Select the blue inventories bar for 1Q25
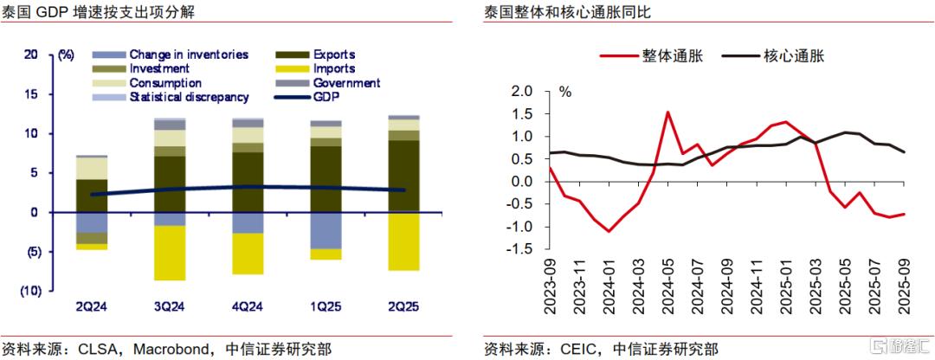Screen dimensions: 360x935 point(325,230)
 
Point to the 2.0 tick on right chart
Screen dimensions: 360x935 point(522,92)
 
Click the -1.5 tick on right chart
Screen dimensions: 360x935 point(519,249)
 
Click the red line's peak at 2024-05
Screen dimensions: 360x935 point(667,112)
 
